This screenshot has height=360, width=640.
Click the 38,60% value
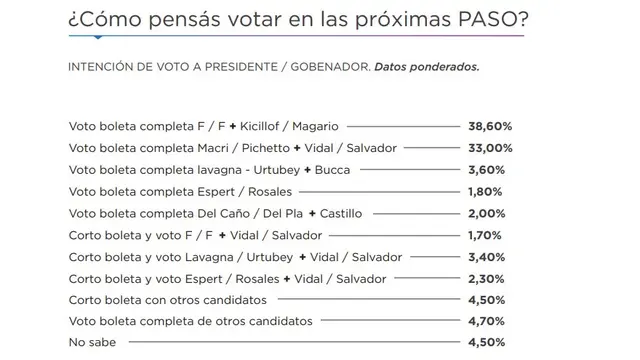click(490, 127)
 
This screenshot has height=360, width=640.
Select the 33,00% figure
click(490, 148)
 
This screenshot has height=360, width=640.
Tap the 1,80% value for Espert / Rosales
click(485, 192)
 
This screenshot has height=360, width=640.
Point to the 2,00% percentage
click(487, 213)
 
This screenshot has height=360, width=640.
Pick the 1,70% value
click(484, 236)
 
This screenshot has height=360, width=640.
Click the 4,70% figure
click(486, 321)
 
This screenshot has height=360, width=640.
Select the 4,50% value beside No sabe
click(487, 342)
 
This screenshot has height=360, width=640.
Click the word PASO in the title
click(486, 19)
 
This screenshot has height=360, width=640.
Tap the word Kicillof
click(260, 127)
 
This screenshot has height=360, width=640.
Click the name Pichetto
click(266, 148)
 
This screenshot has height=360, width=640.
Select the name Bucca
click(332, 170)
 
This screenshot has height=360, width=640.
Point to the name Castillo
click(341, 213)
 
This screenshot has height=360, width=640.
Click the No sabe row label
click(92, 342)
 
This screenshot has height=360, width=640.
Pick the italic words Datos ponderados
click(427, 67)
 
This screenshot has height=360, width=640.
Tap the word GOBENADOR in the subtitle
click(330, 67)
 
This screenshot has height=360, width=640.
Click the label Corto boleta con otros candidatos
click(168, 300)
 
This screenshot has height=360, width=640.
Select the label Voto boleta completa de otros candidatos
click(191, 321)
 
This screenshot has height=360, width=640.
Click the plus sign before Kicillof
click(233, 127)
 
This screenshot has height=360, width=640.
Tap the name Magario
click(315, 127)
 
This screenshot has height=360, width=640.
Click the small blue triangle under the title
click(98, 38)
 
